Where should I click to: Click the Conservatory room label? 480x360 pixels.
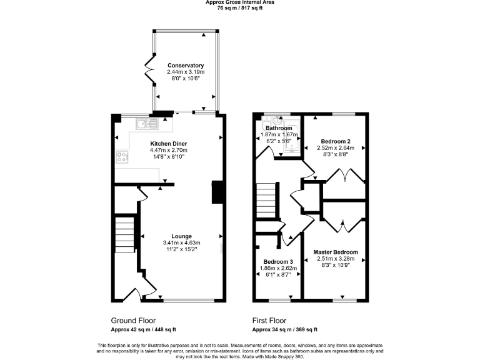coord(186,66)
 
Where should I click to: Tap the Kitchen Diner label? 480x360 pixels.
coord(168,143)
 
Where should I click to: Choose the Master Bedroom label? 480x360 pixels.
coord(336,252)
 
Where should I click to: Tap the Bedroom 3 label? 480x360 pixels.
coord(278,261)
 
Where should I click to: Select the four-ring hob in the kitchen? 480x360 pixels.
coord(122,158)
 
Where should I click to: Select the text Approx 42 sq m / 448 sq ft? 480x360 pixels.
coord(143,329)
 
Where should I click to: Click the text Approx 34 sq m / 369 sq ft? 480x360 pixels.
coord(284,329)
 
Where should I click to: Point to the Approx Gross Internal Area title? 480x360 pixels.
coord(240,2)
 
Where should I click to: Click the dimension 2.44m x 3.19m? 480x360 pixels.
coord(186,72)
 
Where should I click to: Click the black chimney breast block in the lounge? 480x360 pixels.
coord(217,192)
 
